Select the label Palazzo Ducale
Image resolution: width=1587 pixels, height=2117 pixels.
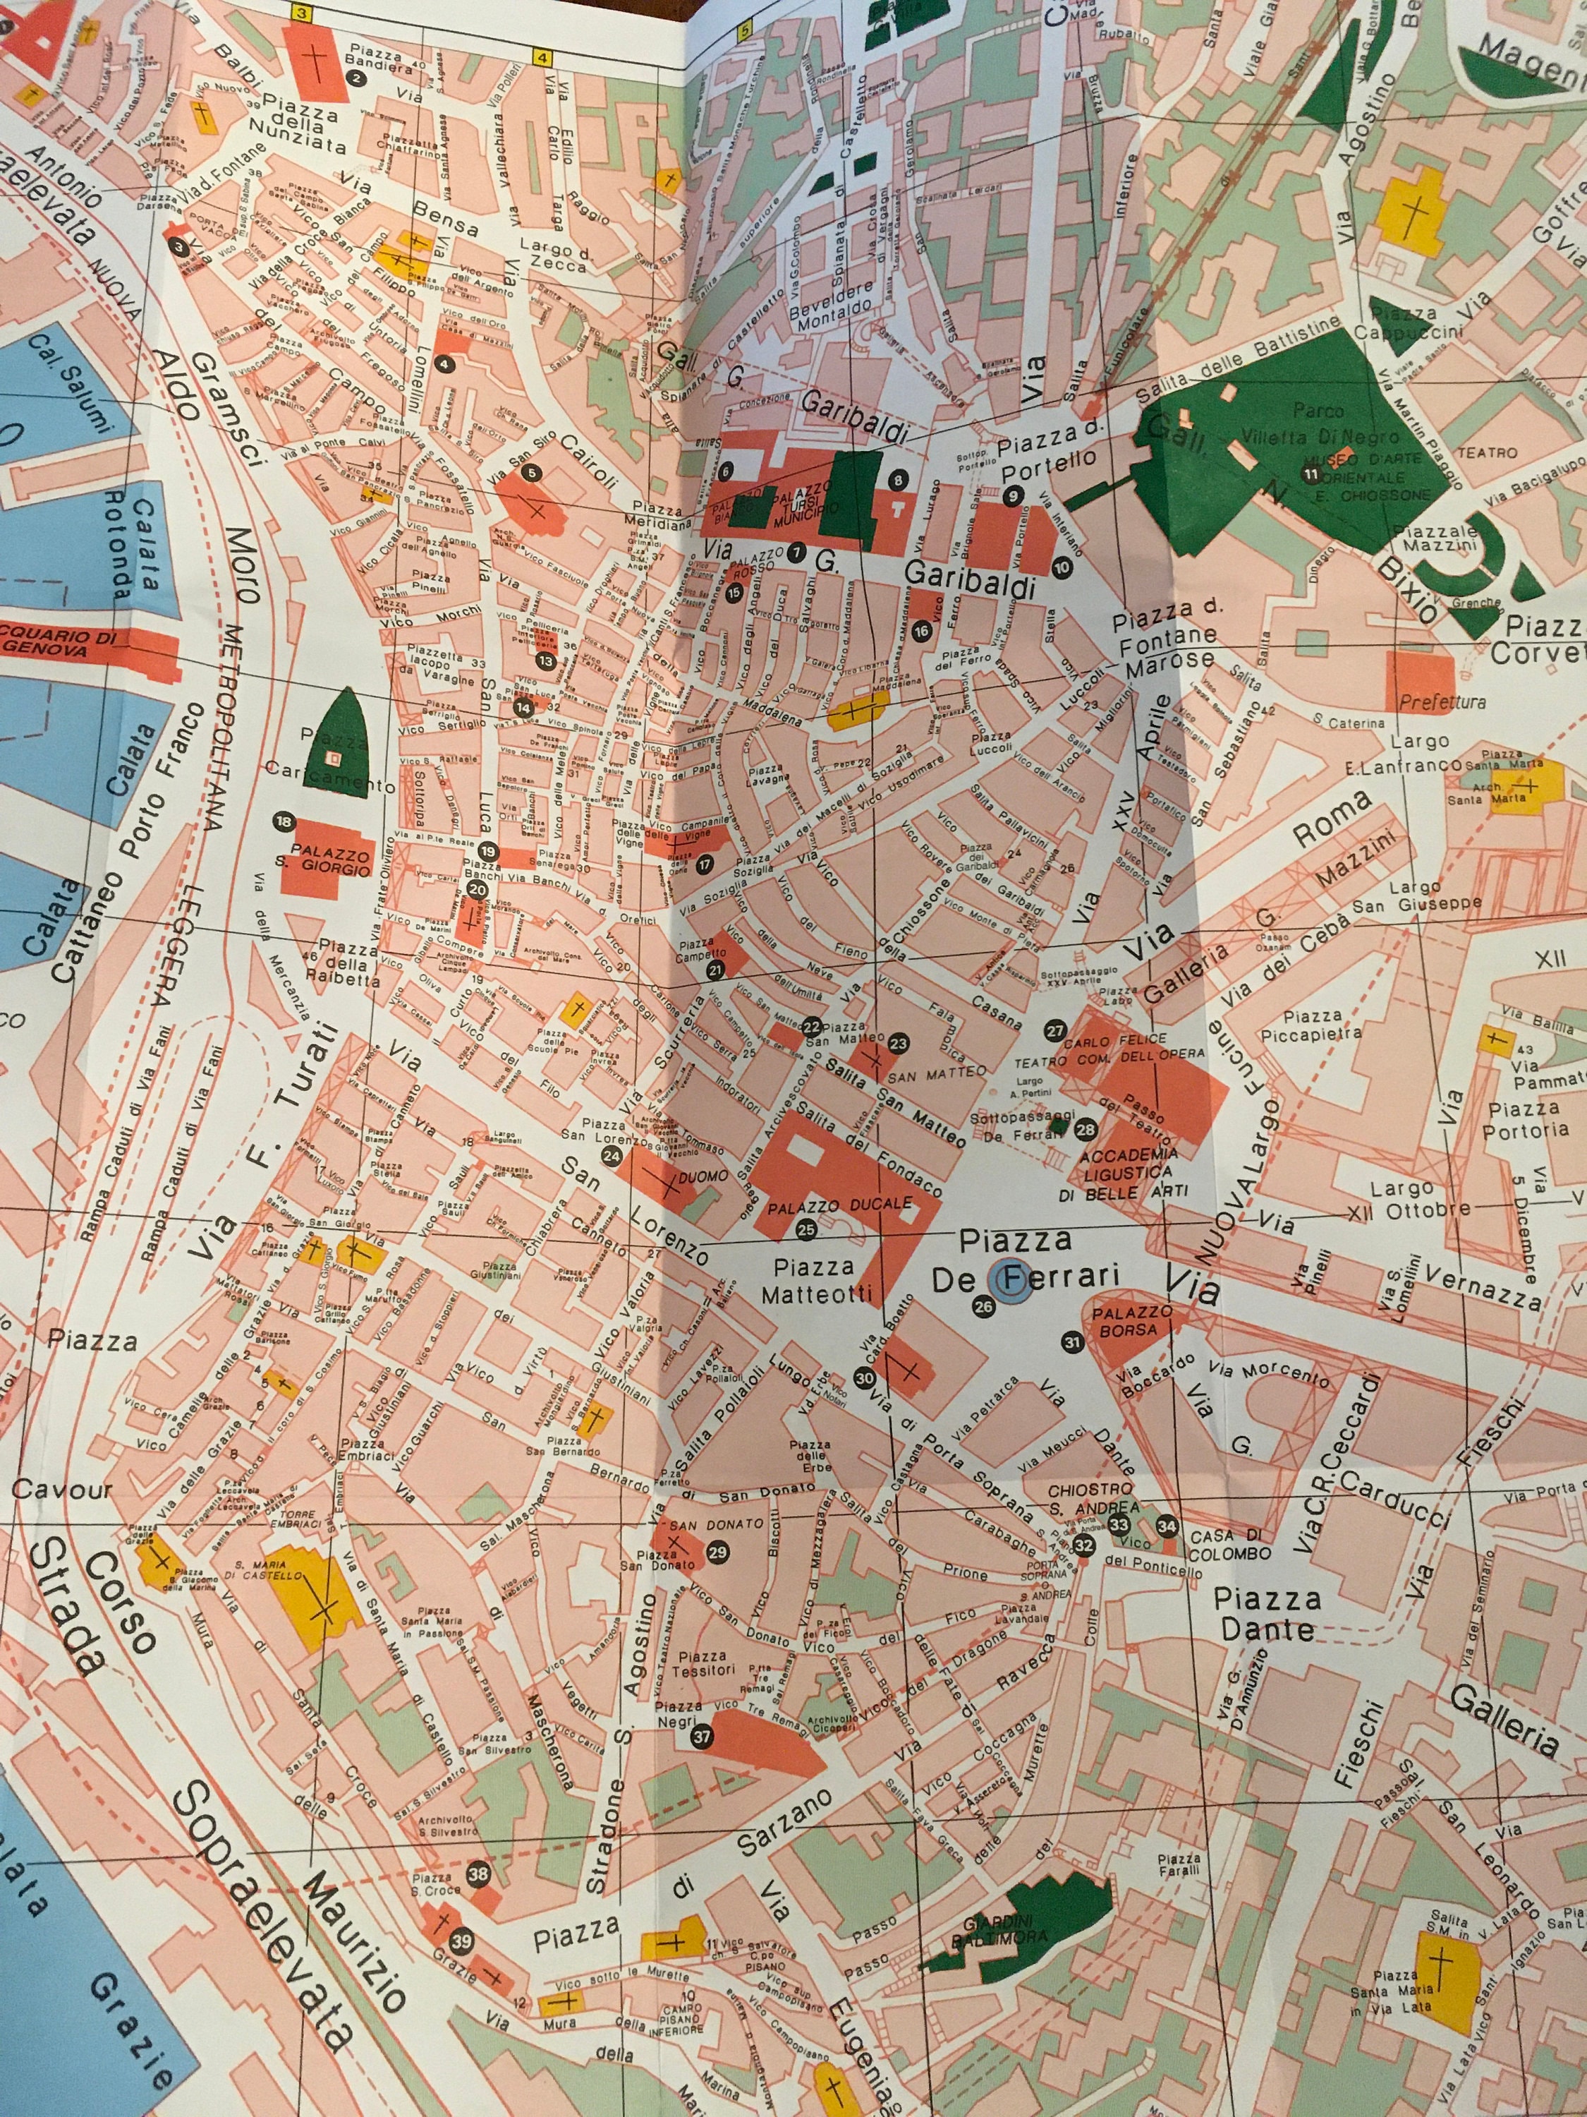pyautogui.click(x=839, y=1206)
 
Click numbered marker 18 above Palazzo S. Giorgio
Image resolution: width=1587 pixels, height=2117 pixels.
pyautogui.click(x=283, y=821)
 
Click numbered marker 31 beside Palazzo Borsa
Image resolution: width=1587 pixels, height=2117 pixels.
pyautogui.click(x=1072, y=1341)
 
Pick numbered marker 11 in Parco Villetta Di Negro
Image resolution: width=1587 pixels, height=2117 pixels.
pyautogui.click(x=1311, y=473)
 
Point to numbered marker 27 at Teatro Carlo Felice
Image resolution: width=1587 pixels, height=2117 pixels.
pyautogui.click(x=1054, y=1030)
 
